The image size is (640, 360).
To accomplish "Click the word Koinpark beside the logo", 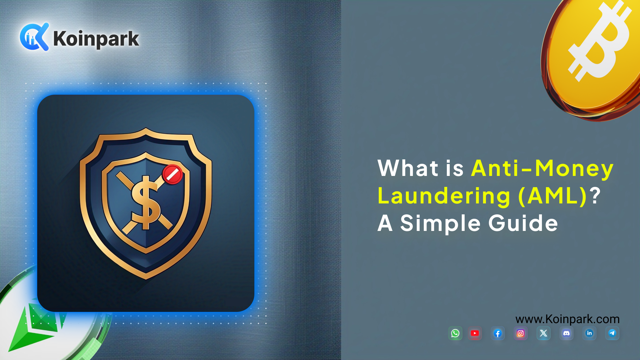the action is click(x=96, y=39).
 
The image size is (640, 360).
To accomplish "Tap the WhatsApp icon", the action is click(x=455, y=333).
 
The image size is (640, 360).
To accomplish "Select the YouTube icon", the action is click(x=475, y=333).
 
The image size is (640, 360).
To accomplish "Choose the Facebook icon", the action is click(x=498, y=333).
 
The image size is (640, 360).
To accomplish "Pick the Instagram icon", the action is click(x=521, y=333).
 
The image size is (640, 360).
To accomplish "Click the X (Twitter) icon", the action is click(x=543, y=333).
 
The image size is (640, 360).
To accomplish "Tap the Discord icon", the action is click(x=566, y=333).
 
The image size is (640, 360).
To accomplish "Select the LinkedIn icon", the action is click(x=589, y=333).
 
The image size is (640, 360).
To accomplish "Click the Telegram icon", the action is click(x=612, y=333).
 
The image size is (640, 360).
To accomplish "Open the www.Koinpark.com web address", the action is click(x=567, y=319).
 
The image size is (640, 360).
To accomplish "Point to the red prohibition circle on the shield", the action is click(x=172, y=174).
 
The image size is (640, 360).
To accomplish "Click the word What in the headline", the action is click(x=408, y=168).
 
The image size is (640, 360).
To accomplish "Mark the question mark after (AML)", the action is click(x=596, y=196).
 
